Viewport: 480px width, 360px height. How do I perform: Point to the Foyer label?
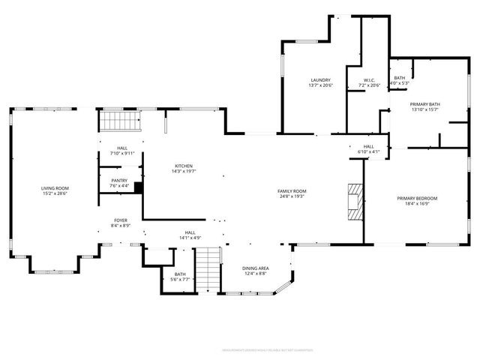point(121,220)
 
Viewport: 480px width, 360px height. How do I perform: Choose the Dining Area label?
point(255,268)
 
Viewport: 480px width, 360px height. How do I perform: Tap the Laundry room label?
point(321,80)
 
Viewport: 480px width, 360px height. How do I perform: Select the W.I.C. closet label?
point(369,80)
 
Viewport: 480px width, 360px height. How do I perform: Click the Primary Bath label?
point(424,104)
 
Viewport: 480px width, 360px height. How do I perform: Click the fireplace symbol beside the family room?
point(354,201)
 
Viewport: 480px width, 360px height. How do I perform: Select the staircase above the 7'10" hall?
point(121,121)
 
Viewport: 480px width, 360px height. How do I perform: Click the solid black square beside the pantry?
point(138,188)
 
